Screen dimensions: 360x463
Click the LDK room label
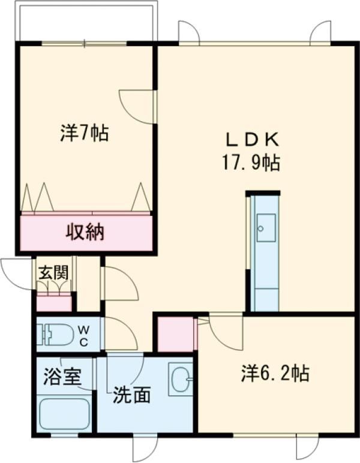tap(252, 140)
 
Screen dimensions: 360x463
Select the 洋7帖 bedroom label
tap(85, 133)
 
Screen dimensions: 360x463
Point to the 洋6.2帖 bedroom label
tap(275, 373)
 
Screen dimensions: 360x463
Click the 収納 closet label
tap(85, 231)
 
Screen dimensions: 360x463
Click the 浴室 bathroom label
tap(62, 376)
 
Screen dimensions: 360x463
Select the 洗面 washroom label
tap(132, 395)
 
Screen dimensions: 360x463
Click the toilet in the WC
tap(55, 335)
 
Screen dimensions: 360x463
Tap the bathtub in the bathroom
tap(64, 414)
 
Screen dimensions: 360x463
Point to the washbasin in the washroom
tap(181, 379)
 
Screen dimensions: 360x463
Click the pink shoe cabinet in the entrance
tap(54, 302)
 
